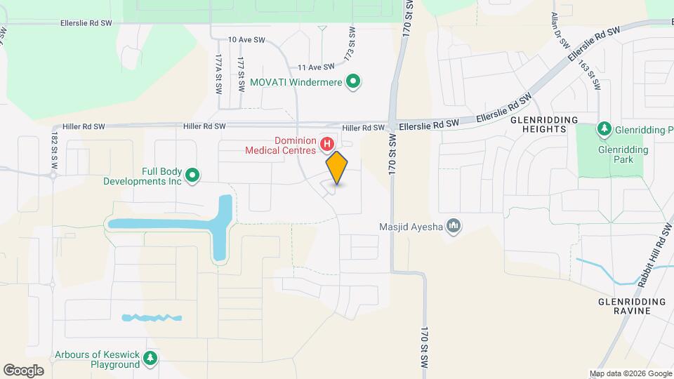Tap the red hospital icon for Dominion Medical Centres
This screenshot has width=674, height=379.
click(326, 145)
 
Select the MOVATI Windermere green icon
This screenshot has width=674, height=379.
click(355, 83)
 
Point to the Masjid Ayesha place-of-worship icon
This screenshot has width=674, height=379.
click(454, 225)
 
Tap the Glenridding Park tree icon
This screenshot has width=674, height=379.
click(603, 130)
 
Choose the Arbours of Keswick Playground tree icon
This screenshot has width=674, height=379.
click(150, 359)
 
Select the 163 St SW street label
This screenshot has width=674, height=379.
click(590, 76)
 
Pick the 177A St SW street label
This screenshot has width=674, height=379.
click(219, 75)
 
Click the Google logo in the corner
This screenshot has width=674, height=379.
click(23, 370)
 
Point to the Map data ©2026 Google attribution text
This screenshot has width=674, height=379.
click(630, 373)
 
